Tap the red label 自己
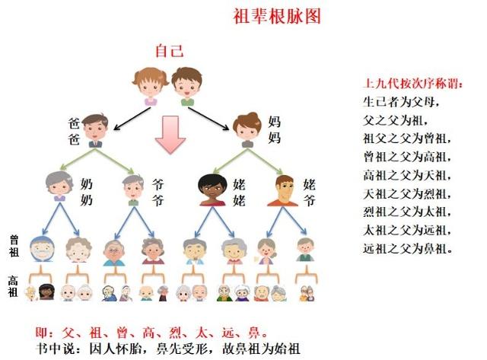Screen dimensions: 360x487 169,52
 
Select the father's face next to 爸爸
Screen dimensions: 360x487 94,130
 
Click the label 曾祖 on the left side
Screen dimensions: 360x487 14,245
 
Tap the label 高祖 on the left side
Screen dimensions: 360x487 14,286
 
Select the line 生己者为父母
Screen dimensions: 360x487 403,102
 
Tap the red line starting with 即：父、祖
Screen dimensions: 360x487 152,333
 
